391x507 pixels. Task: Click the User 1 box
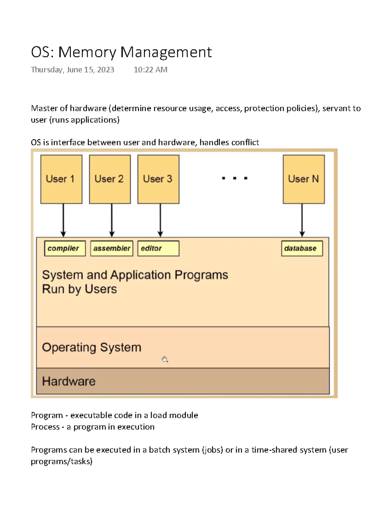tap(61, 179)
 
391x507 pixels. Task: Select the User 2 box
tap(110, 179)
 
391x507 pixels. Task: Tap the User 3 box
tap(158, 179)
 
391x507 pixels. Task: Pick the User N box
tap(304, 179)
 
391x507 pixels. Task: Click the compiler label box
tap(65, 248)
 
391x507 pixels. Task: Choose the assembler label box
tap(112, 248)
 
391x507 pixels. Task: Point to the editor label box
tap(158, 248)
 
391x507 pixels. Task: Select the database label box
tap(302, 248)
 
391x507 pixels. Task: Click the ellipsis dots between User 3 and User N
tap(235, 178)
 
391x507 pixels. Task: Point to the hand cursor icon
tap(165, 359)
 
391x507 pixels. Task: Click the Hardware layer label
tap(69, 381)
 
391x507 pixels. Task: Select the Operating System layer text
tap(92, 347)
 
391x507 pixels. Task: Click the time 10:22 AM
tap(151, 70)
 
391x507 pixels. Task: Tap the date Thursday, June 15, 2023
tap(72, 70)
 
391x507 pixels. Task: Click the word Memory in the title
tap(87, 52)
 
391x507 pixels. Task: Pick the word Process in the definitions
tap(45, 427)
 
